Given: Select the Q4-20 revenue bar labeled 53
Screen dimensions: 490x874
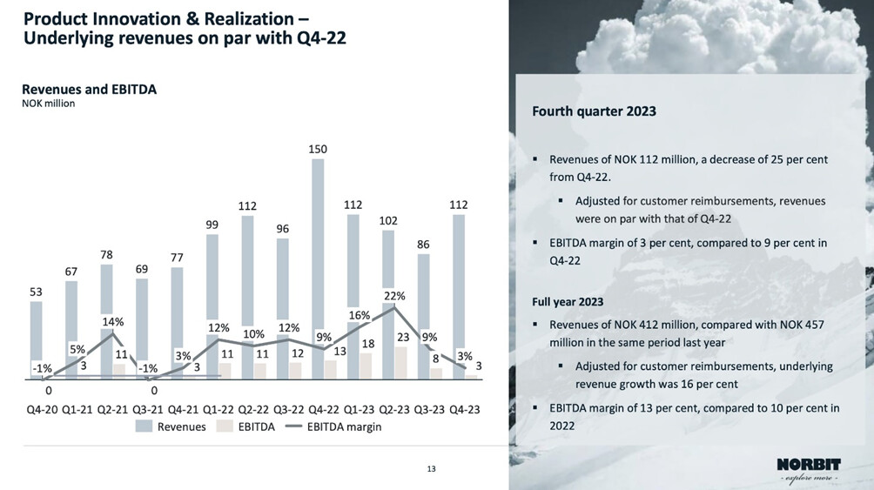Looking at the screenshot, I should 36,339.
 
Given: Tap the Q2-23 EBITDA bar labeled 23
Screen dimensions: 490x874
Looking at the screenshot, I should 400,362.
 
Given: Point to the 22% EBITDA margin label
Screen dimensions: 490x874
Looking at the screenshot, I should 394,296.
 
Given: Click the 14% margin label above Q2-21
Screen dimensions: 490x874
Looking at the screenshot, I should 113,321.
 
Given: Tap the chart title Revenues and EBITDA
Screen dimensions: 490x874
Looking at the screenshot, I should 89,89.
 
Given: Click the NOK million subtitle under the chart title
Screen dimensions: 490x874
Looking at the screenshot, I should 48,104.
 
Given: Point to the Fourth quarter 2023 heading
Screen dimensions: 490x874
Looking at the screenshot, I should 594,111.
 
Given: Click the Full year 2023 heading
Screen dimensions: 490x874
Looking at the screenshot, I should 568,302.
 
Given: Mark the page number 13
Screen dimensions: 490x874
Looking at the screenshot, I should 431,470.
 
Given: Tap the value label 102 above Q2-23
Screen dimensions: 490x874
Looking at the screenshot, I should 389,221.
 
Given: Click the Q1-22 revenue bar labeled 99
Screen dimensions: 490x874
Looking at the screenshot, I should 213,296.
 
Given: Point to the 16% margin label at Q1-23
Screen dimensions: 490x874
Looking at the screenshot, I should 360,315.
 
